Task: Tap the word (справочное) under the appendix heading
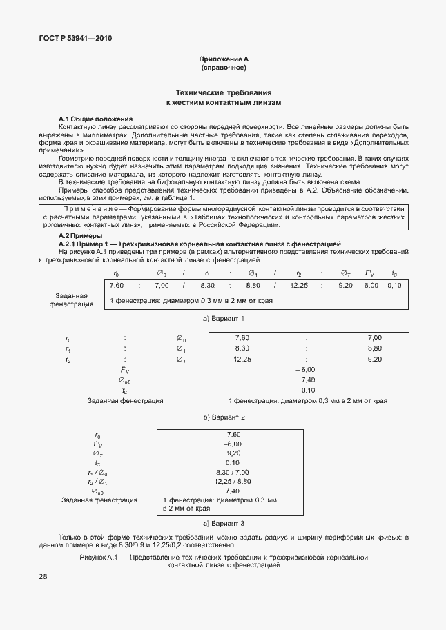222,69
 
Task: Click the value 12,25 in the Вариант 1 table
299,285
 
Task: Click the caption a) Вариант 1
222,319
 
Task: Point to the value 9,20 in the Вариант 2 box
375,359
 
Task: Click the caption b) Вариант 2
222,417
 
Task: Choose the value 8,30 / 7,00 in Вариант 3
233,472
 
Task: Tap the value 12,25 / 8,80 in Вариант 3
233,482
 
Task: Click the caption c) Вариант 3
222,524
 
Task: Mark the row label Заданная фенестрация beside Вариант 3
99,500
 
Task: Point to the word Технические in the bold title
200,92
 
